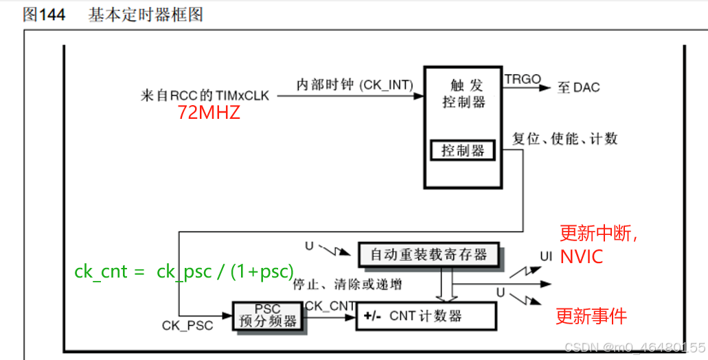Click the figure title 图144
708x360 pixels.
pos(44,15)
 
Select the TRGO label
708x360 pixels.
pos(523,79)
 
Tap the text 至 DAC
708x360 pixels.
pos(578,87)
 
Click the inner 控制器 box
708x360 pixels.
pos(463,150)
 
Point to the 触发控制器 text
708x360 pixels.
pos(465,94)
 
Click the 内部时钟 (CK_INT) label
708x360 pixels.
pos(354,85)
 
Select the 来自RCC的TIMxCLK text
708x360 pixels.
pos(204,95)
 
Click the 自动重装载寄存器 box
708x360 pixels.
pos(429,255)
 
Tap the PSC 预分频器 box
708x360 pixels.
pos(266,315)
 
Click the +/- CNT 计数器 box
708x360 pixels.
pos(426,317)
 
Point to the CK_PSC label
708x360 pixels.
pos(187,324)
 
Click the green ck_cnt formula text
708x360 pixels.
pos(184,271)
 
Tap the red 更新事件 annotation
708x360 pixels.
pos(591,317)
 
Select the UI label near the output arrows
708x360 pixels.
pos(546,256)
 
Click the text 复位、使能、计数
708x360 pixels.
pos(564,139)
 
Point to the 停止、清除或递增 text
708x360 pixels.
pos(347,284)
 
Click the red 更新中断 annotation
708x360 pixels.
pos(598,234)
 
